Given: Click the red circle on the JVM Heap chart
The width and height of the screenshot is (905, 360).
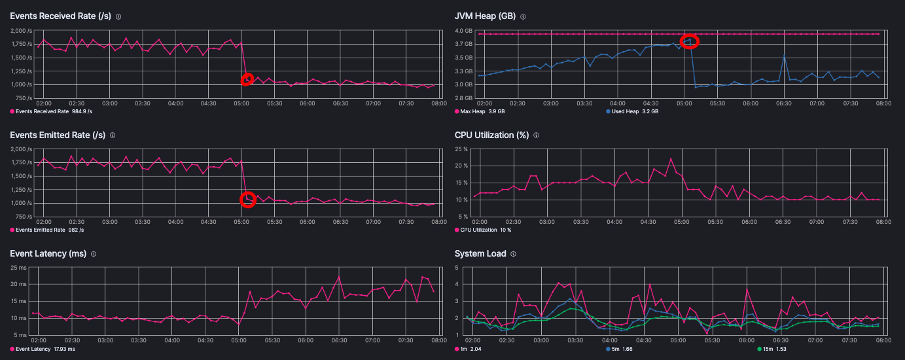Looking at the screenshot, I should (690, 41).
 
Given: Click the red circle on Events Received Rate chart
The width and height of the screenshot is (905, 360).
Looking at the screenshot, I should (247, 79).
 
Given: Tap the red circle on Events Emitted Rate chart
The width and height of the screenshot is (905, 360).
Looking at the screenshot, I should (247, 200).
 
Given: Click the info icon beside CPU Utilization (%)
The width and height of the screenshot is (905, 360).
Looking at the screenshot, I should (536, 135).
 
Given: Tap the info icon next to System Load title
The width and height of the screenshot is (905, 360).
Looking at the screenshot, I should (513, 254).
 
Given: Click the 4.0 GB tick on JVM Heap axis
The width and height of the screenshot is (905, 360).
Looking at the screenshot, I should (463, 31).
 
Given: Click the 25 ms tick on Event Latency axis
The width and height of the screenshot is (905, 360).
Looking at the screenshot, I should (22, 268).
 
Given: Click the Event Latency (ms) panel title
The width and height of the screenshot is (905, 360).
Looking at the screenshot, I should (49, 254).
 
